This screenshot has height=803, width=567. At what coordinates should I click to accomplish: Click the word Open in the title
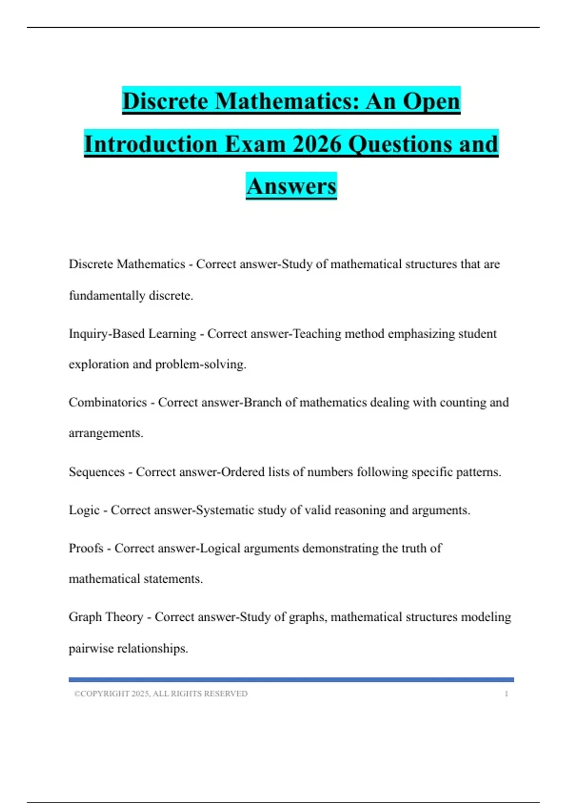pyautogui.click(x=431, y=101)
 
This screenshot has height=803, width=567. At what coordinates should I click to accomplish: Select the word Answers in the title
pyautogui.click(x=291, y=186)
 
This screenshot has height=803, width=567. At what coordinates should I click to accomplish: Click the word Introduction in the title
pyautogui.click(x=151, y=144)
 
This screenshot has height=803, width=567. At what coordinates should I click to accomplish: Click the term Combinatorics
pyautogui.click(x=108, y=402)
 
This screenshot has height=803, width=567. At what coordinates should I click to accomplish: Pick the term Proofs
pyautogui.click(x=86, y=548)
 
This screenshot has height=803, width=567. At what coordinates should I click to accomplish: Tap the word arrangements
pyautogui.click(x=106, y=434)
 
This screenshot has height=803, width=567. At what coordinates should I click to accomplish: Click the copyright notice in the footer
pyautogui.click(x=161, y=694)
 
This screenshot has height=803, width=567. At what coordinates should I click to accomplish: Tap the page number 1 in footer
pyautogui.click(x=506, y=694)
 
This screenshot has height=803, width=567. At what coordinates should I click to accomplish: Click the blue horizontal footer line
pyautogui.click(x=291, y=680)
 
